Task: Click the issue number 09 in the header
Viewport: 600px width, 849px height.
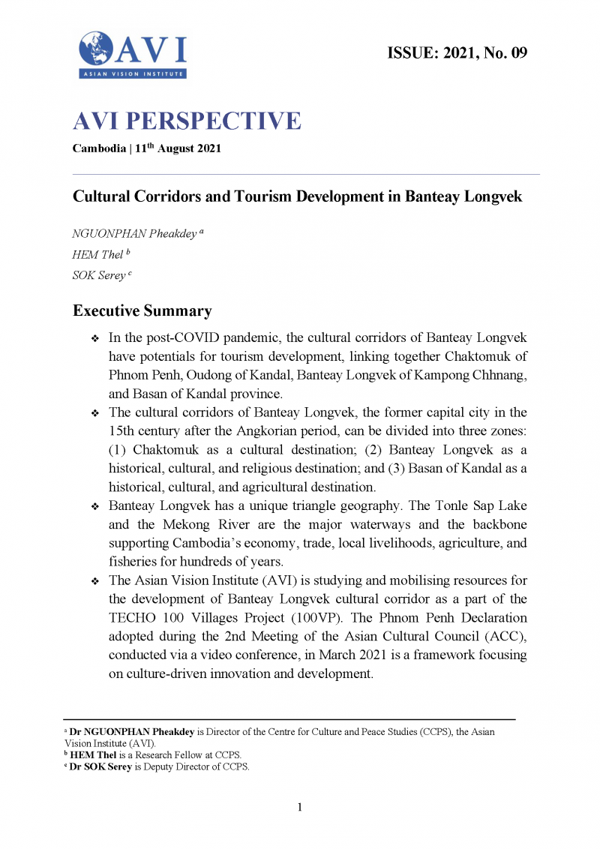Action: pyautogui.click(x=518, y=52)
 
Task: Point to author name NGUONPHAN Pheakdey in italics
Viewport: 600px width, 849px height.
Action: pyautogui.click(x=133, y=234)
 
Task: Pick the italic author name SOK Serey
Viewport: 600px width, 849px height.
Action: pyautogui.click(x=98, y=276)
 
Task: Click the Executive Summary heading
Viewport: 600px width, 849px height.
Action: pyautogui.click(x=142, y=310)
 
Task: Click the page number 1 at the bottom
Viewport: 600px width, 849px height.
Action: pyautogui.click(x=300, y=808)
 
